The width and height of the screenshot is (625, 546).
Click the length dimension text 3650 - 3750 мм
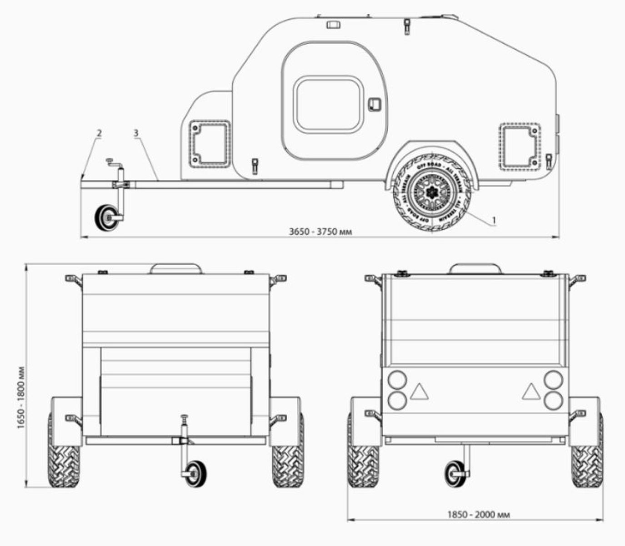pyautogui.click(x=320, y=231)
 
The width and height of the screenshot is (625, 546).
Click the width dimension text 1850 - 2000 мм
pyautogui.click(x=478, y=515)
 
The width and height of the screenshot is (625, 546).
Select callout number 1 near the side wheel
pyautogui.click(x=495, y=220)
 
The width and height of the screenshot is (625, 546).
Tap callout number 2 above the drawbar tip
pyautogui.click(x=99, y=133)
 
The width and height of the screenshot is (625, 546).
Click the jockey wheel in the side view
pyautogui.click(x=106, y=218)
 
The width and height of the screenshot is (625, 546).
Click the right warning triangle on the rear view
pyautogui.click(x=530, y=391)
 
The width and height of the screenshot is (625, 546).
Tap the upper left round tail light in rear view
pyautogui.click(x=397, y=379)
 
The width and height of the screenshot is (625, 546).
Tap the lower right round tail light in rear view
pyautogui.click(x=553, y=400)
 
